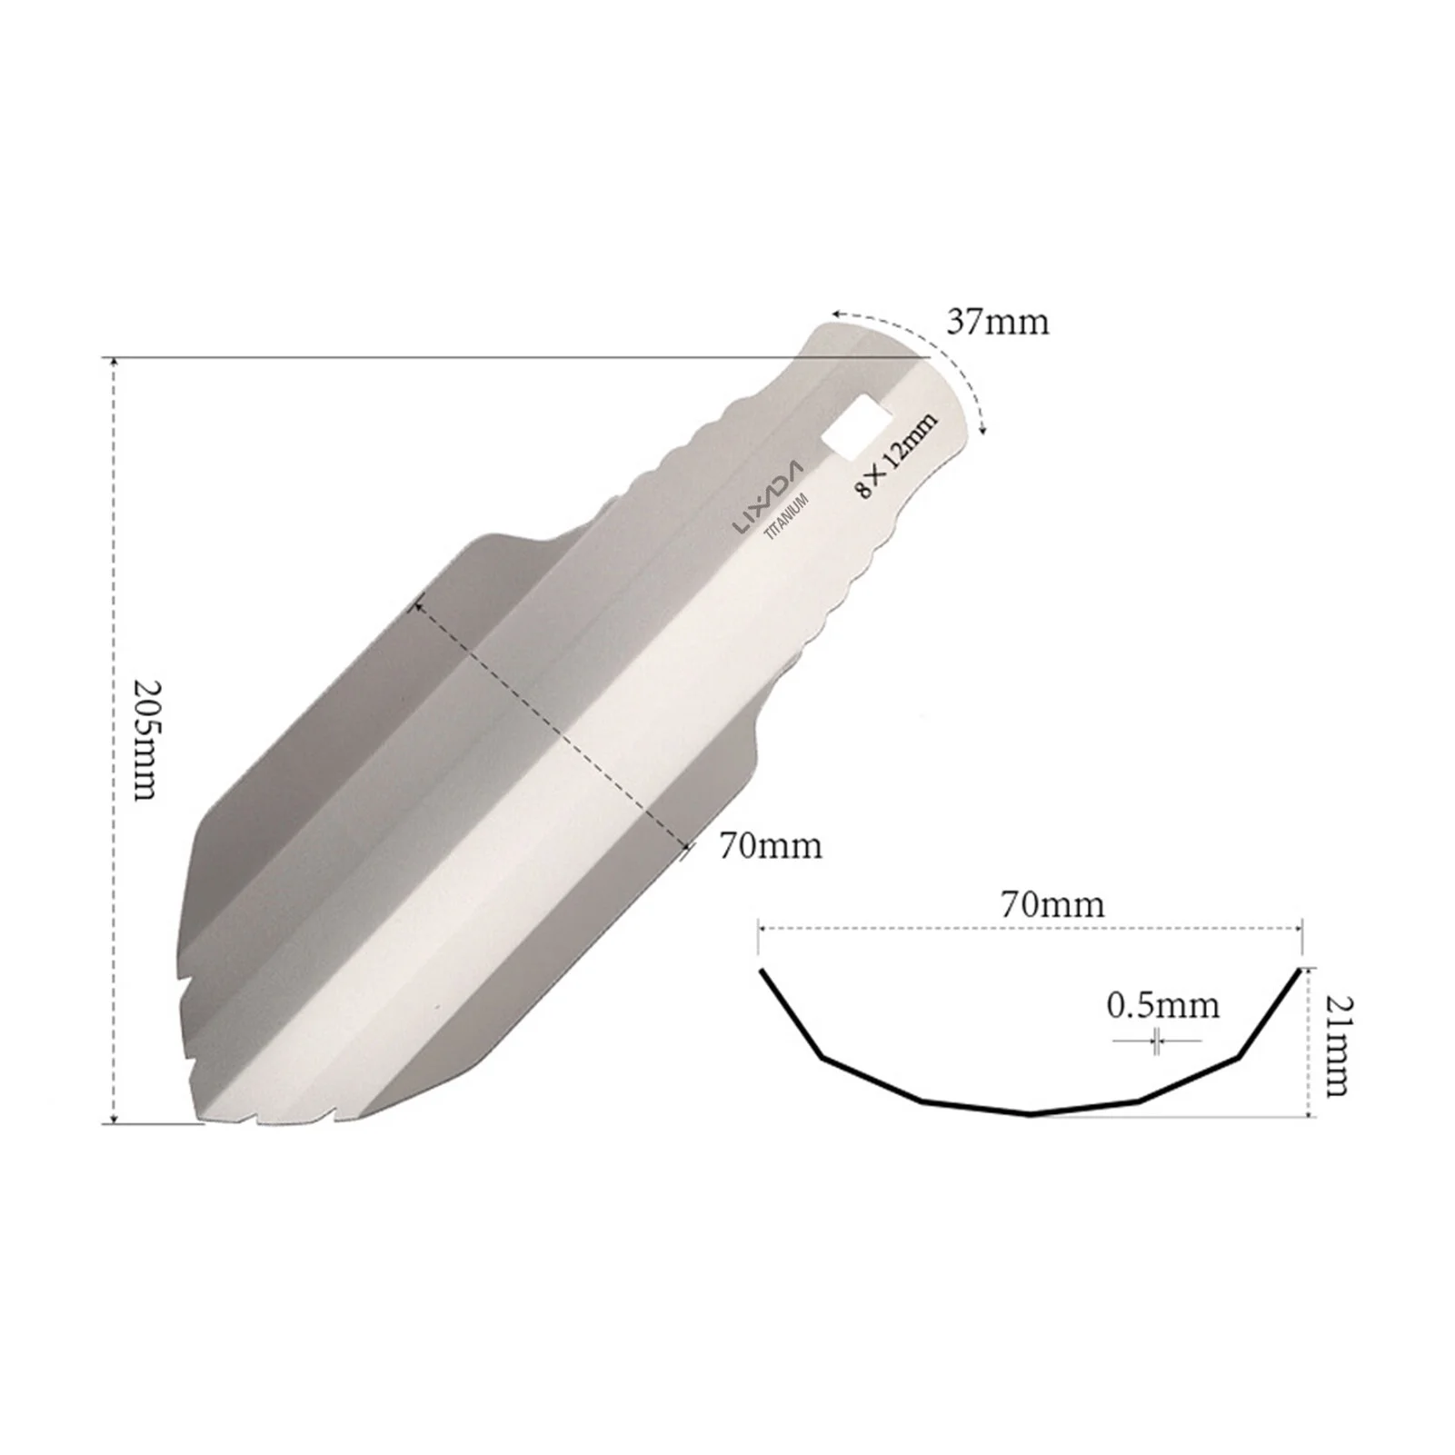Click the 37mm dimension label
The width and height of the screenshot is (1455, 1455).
[x=997, y=322]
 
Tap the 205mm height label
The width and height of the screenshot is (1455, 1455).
[x=145, y=739]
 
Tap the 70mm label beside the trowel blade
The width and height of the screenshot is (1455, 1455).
[x=771, y=846]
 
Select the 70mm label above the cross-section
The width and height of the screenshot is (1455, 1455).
[x=1052, y=904]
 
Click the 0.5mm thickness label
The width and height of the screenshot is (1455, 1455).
[x=1162, y=1005]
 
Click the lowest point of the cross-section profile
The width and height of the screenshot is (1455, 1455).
[x=1031, y=1113]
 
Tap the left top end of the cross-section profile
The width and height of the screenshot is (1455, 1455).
[x=762, y=972]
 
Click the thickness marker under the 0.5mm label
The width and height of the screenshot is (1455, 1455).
[x=1156, y=1041]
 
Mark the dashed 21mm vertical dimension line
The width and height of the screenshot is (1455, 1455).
[x=1309, y=1044]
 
